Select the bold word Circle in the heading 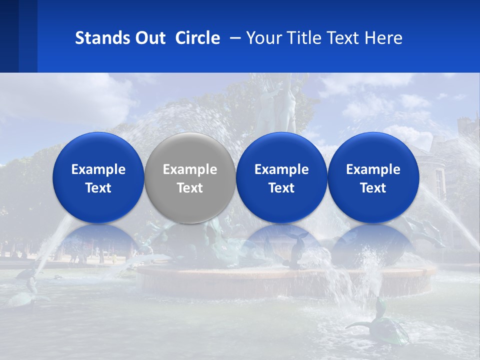tap(197, 38)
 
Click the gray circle tap(190, 177)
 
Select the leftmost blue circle tap(98, 177)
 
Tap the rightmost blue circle tap(373, 177)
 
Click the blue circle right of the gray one tap(281, 177)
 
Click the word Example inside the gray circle tap(190, 169)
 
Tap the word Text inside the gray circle tap(190, 188)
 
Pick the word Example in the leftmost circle tap(98, 169)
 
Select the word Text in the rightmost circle tap(373, 188)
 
